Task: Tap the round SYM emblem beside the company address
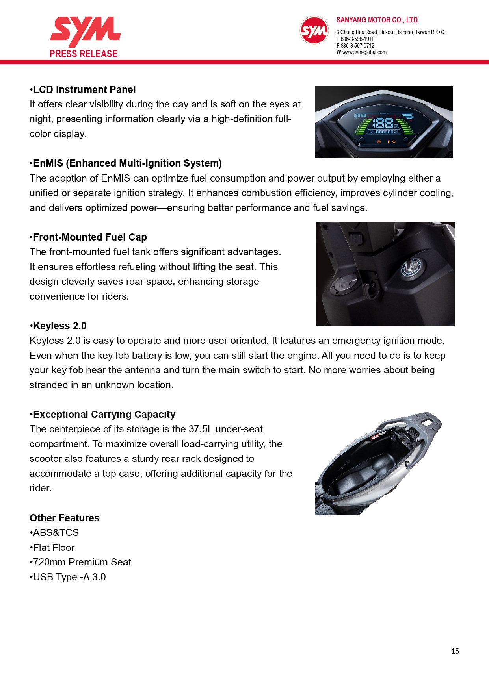[314, 30]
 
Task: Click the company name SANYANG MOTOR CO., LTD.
[377, 20]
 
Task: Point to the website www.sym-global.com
[364, 52]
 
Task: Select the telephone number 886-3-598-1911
[357, 39]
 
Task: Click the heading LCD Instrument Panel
[84, 90]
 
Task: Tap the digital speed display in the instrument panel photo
[383, 123]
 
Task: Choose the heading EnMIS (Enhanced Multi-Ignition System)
[127, 163]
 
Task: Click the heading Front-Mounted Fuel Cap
[89, 237]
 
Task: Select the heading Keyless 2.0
[59, 326]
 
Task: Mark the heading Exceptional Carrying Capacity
[104, 415]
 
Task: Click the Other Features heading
[65, 518]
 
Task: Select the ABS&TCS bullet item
[56, 533]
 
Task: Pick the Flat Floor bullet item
[53, 548]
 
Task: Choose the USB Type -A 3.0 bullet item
[69, 577]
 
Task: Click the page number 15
[455, 651]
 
